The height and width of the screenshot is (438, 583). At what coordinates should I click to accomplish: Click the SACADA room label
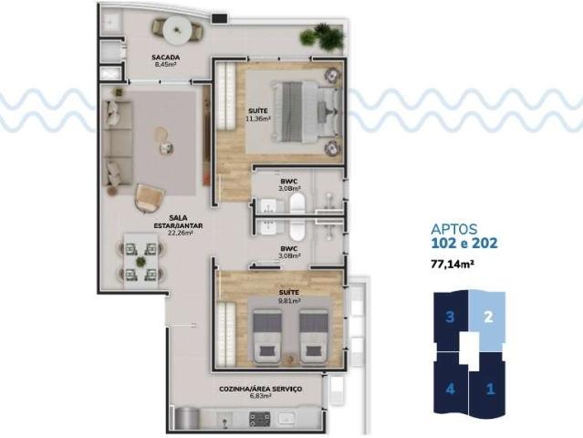(165, 57)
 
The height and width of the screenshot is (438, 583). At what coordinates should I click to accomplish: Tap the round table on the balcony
(176, 30)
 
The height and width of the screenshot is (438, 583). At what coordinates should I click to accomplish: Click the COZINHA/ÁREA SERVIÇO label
(260, 389)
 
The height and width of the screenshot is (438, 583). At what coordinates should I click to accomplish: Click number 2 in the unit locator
(489, 318)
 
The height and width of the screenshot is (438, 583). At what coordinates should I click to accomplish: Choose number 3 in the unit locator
(450, 318)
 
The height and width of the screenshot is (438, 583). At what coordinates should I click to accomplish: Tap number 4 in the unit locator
(450, 387)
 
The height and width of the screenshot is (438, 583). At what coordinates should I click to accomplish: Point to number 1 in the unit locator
(489, 387)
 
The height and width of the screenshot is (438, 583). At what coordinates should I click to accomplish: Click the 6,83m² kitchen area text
(260, 397)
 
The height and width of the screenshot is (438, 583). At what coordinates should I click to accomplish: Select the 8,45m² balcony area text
(165, 65)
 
